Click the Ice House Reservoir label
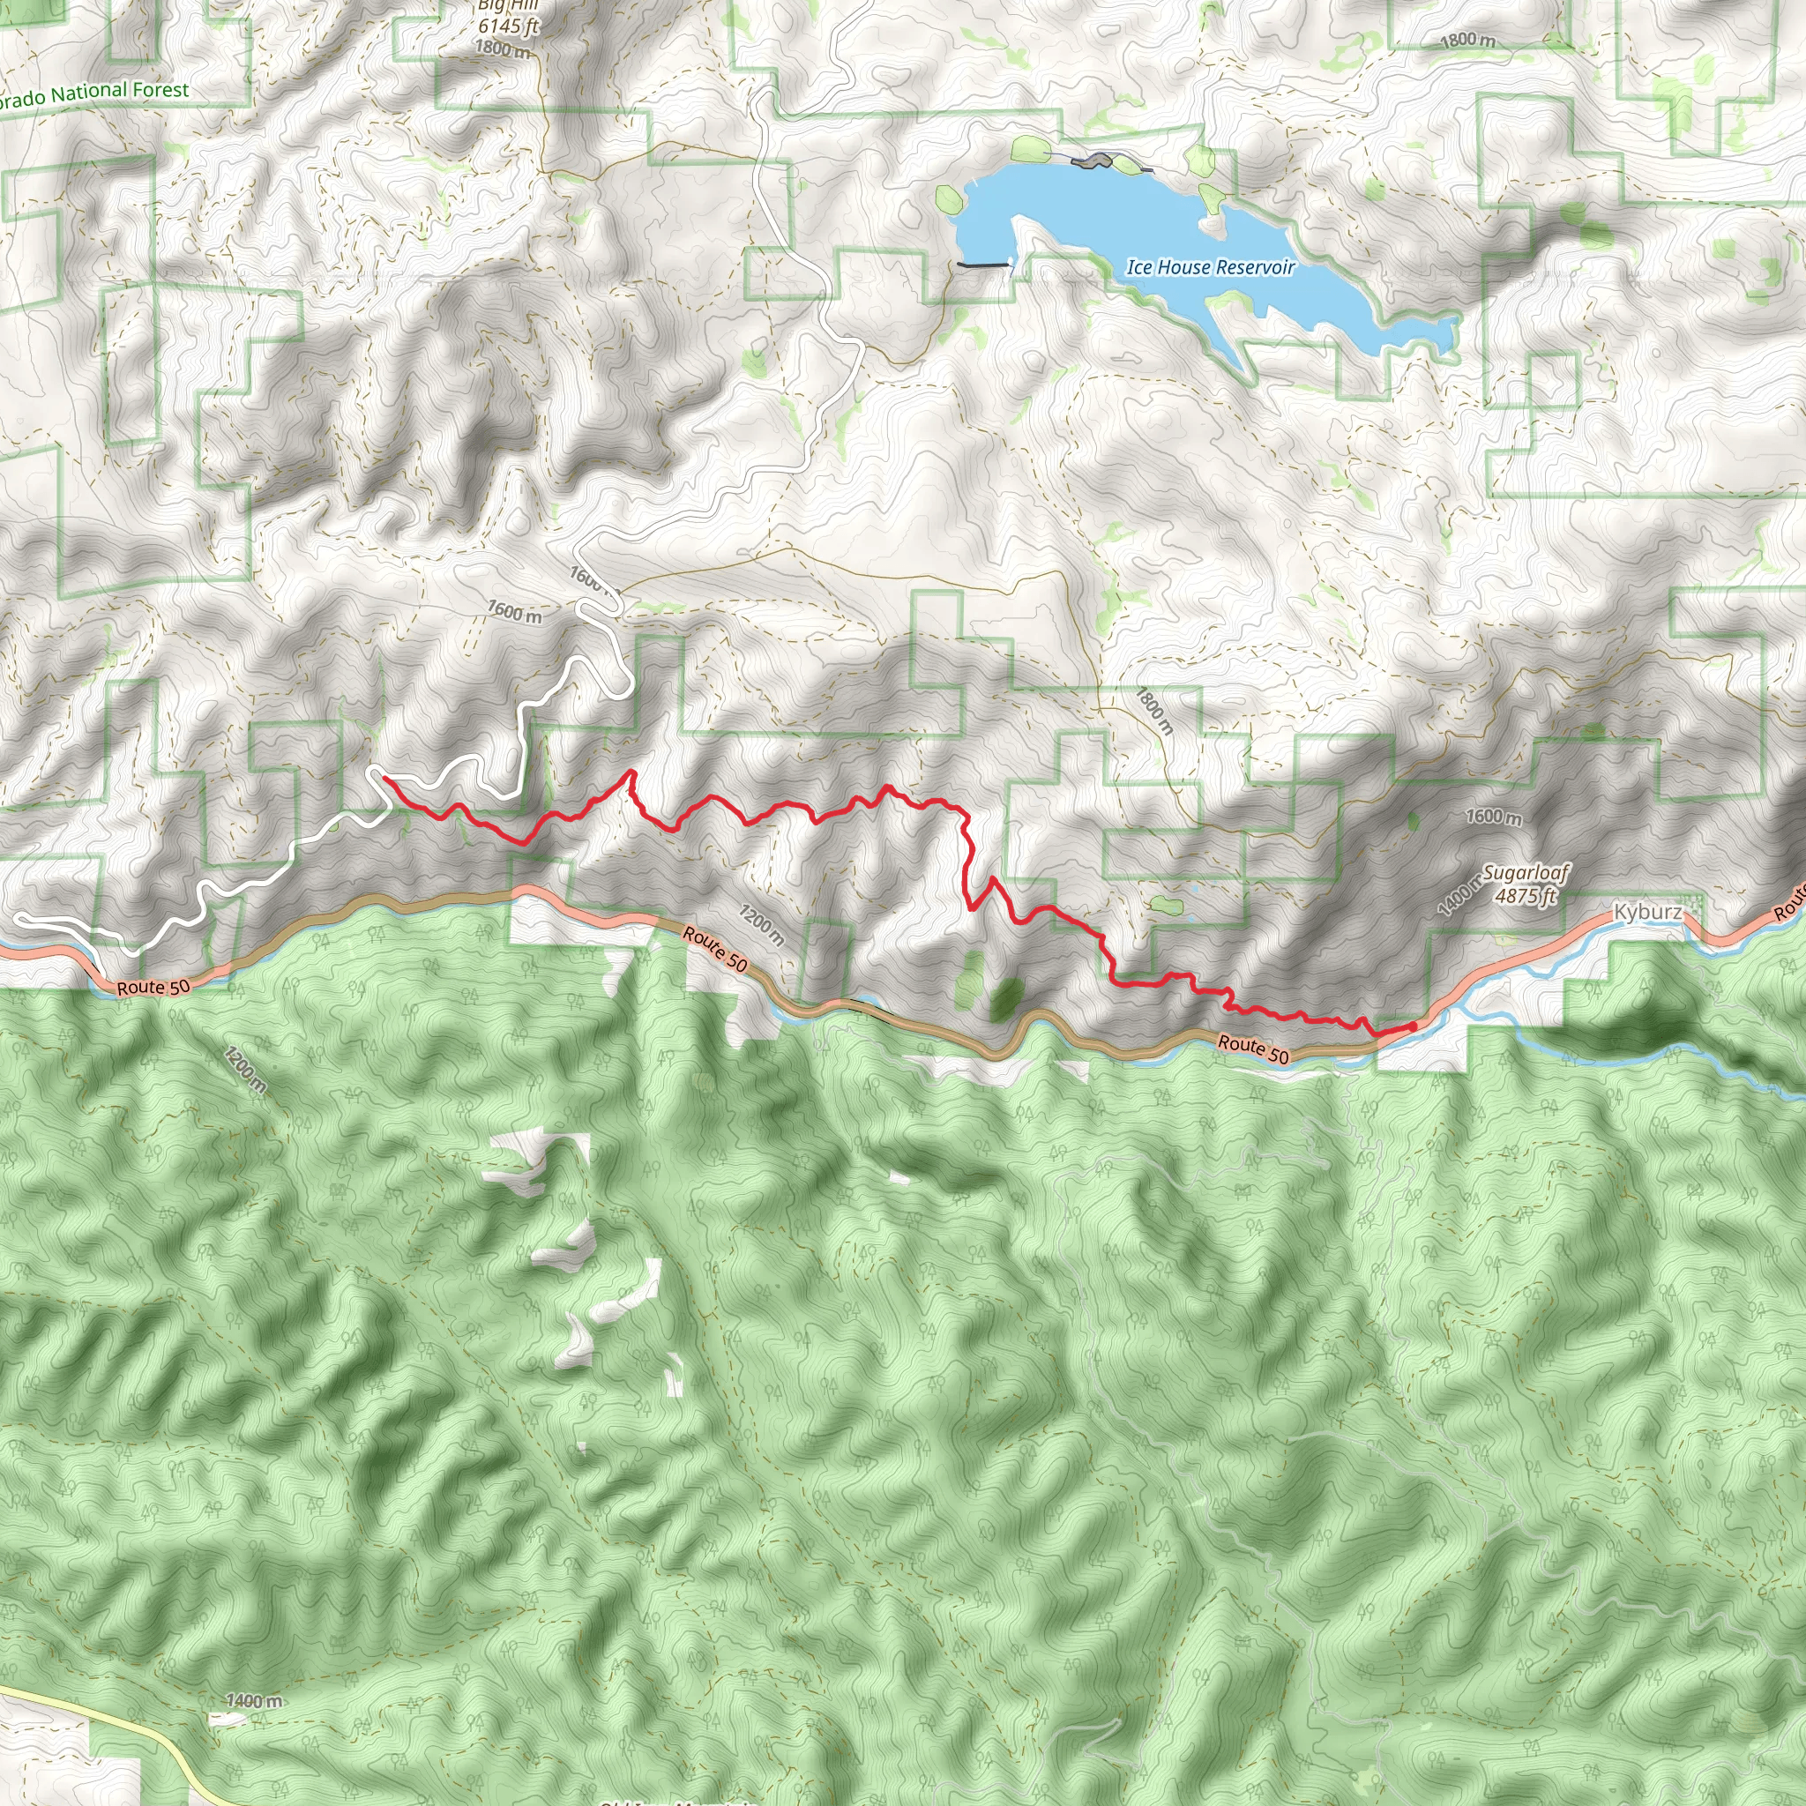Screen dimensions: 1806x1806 [x=1211, y=267]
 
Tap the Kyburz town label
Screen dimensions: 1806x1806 [x=1647, y=912]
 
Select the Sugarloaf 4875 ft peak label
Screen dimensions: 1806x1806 [x=1526, y=884]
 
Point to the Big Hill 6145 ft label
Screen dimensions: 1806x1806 [x=508, y=17]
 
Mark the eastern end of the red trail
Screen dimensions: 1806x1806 [x=1413, y=1026]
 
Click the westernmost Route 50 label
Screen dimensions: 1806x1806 [x=153, y=987]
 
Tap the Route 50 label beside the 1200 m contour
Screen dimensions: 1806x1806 [x=715, y=948]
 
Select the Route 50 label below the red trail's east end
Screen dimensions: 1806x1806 [x=1252, y=1049]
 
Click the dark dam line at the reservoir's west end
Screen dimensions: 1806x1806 [x=982, y=265]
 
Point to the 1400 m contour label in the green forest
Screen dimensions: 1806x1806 [x=253, y=1700]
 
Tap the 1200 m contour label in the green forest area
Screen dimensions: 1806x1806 [x=245, y=1071]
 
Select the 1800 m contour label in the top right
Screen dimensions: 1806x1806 [x=1467, y=41]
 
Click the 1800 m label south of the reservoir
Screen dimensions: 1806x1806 [x=1154, y=711]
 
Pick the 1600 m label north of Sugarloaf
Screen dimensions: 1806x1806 [x=1493, y=816]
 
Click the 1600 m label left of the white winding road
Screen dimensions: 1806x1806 [x=514, y=611]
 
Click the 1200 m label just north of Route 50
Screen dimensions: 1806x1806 [x=762, y=924]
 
